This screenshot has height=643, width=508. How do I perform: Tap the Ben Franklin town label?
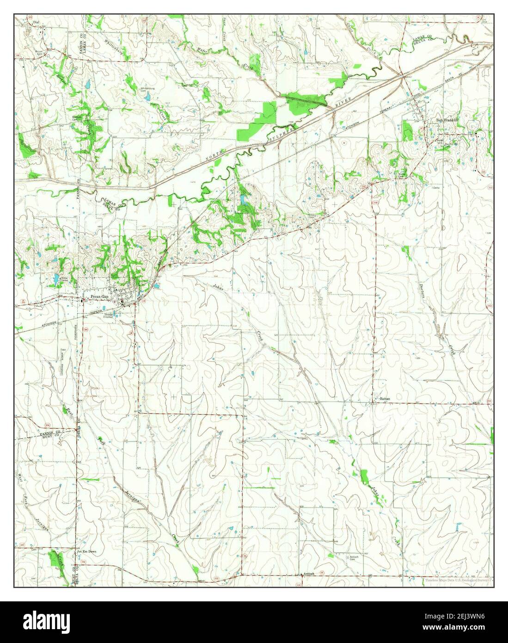click(x=447, y=120)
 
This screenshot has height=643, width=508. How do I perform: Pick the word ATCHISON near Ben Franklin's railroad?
click(x=351, y=125)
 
